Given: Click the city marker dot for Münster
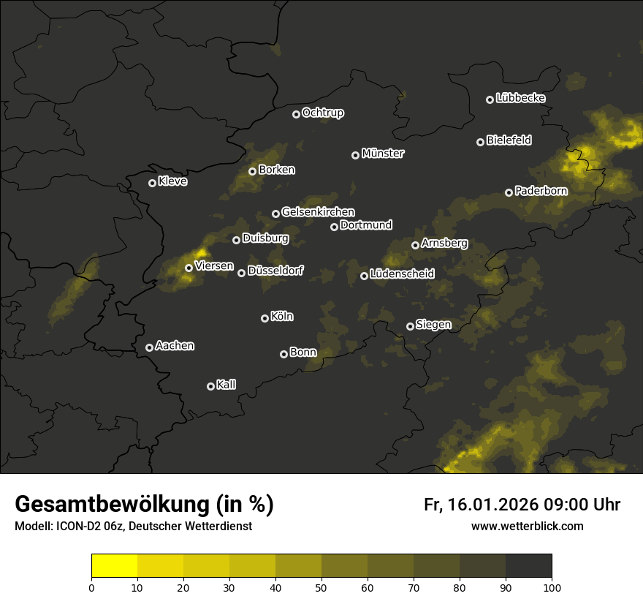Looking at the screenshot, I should [356, 155].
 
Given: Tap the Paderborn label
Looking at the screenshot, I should [541, 191].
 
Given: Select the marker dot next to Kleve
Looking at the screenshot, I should [153, 183].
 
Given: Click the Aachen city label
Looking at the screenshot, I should [175, 346].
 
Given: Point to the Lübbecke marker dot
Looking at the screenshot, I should [490, 99].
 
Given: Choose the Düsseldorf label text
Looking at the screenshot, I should [275, 271].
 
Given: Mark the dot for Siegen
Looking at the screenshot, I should [410, 326].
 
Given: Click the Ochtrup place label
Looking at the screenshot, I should [322, 113].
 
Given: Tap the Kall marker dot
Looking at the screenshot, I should [211, 386].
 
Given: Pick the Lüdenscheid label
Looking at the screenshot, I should [402, 274].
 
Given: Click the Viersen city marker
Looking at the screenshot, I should [189, 268].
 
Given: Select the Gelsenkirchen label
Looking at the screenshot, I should [318, 212].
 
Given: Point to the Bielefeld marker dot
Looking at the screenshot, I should [481, 142].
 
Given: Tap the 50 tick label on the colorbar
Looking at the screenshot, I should [321, 587].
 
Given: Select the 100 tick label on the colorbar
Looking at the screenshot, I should [552, 587].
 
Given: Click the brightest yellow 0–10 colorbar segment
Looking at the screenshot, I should [115, 566].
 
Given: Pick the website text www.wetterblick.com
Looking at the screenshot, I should [528, 526].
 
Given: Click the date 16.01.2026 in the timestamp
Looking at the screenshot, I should [492, 505].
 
